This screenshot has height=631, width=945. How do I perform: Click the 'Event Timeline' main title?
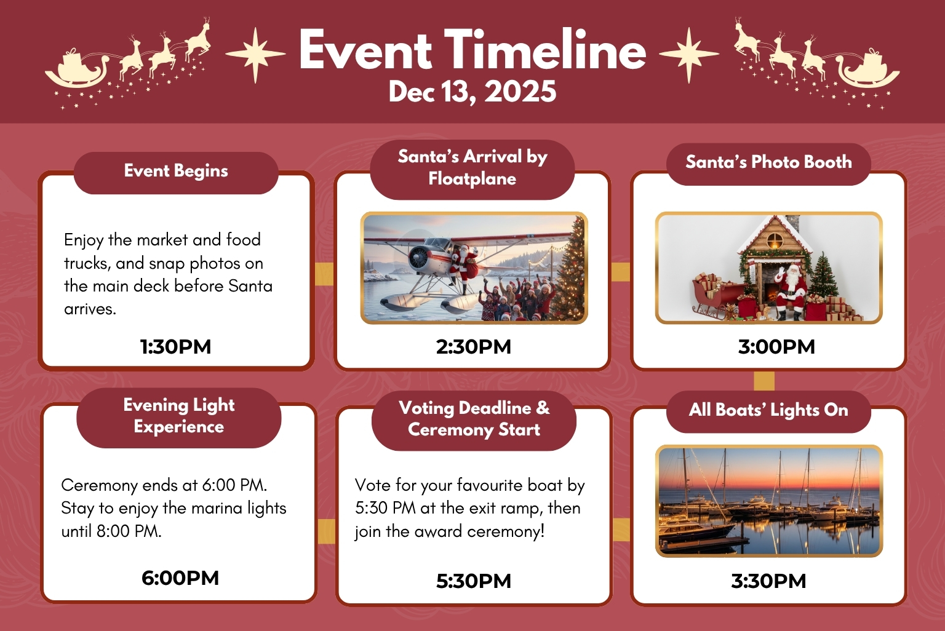[x=472, y=49]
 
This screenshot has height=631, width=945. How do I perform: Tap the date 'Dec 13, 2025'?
[x=472, y=92]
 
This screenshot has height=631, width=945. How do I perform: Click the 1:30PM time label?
[x=175, y=347]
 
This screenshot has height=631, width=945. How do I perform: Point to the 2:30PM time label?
[x=473, y=347]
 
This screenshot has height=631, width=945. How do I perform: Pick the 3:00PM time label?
[x=776, y=347]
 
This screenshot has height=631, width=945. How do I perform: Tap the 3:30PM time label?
[x=768, y=581]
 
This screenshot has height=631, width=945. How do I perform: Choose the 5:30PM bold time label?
[x=473, y=581]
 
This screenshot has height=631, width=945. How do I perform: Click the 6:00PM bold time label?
[x=180, y=578]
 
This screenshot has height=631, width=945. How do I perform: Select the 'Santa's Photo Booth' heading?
[x=768, y=162]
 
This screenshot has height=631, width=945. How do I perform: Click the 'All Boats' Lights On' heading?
[x=768, y=410]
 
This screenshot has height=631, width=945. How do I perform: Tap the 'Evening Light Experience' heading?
[x=179, y=416]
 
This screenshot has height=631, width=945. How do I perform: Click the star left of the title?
[x=255, y=54]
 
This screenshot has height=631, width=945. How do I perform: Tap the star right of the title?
[x=689, y=54]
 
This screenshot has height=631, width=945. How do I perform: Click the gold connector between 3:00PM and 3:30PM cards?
[x=764, y=381]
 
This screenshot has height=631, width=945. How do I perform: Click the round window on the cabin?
[x=775, y=241]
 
